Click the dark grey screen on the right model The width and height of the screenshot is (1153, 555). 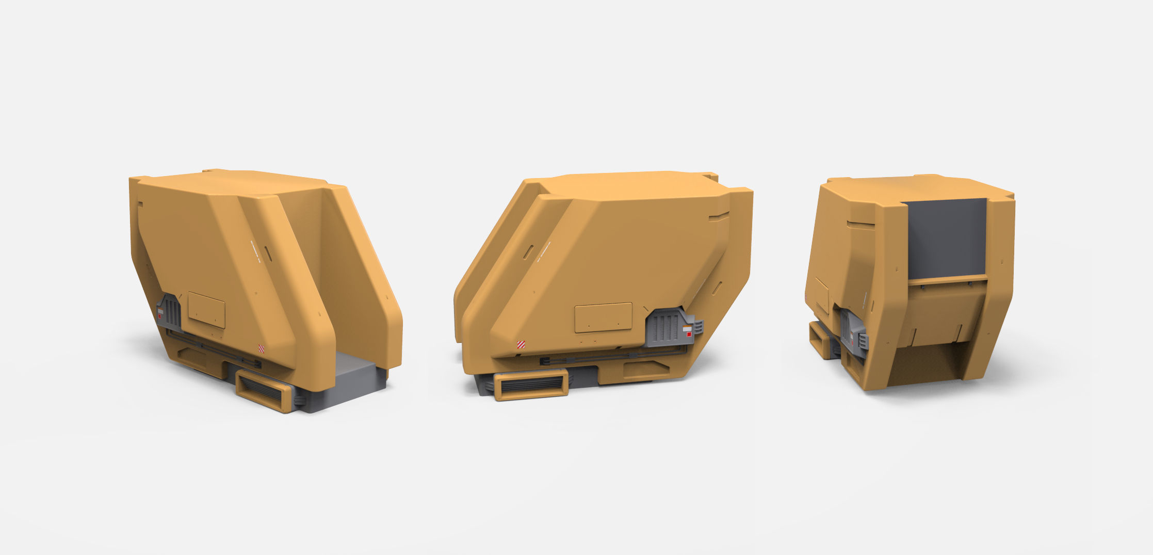point(947,237)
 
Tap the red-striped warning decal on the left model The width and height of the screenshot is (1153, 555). point(261,348)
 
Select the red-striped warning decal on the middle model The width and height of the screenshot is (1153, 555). point(521,344)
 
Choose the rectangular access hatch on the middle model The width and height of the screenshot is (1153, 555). point(603,317)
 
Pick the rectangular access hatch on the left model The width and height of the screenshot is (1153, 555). point(206,310)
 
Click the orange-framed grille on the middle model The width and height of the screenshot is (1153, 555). point(531,384)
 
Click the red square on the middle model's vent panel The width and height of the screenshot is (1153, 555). point(689,335)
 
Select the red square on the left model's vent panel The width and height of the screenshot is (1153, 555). point(160,315)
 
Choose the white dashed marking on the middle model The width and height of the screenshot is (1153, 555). point(544,251)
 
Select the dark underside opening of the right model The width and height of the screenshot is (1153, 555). point(923,364)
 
